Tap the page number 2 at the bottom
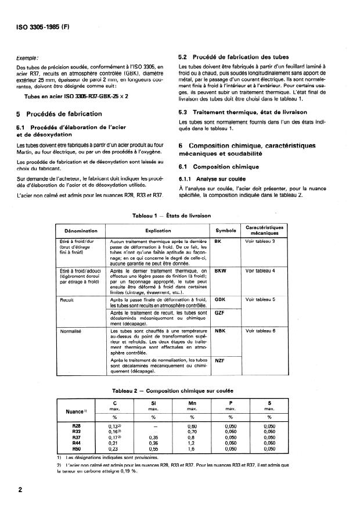(20, 489)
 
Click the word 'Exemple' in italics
(28, 58)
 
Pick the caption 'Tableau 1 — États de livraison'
(179, 216)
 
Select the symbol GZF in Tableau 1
(219, 312)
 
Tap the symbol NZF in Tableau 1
(219, 360)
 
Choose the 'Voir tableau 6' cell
(260, 331)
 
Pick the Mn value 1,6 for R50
(192, 449)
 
